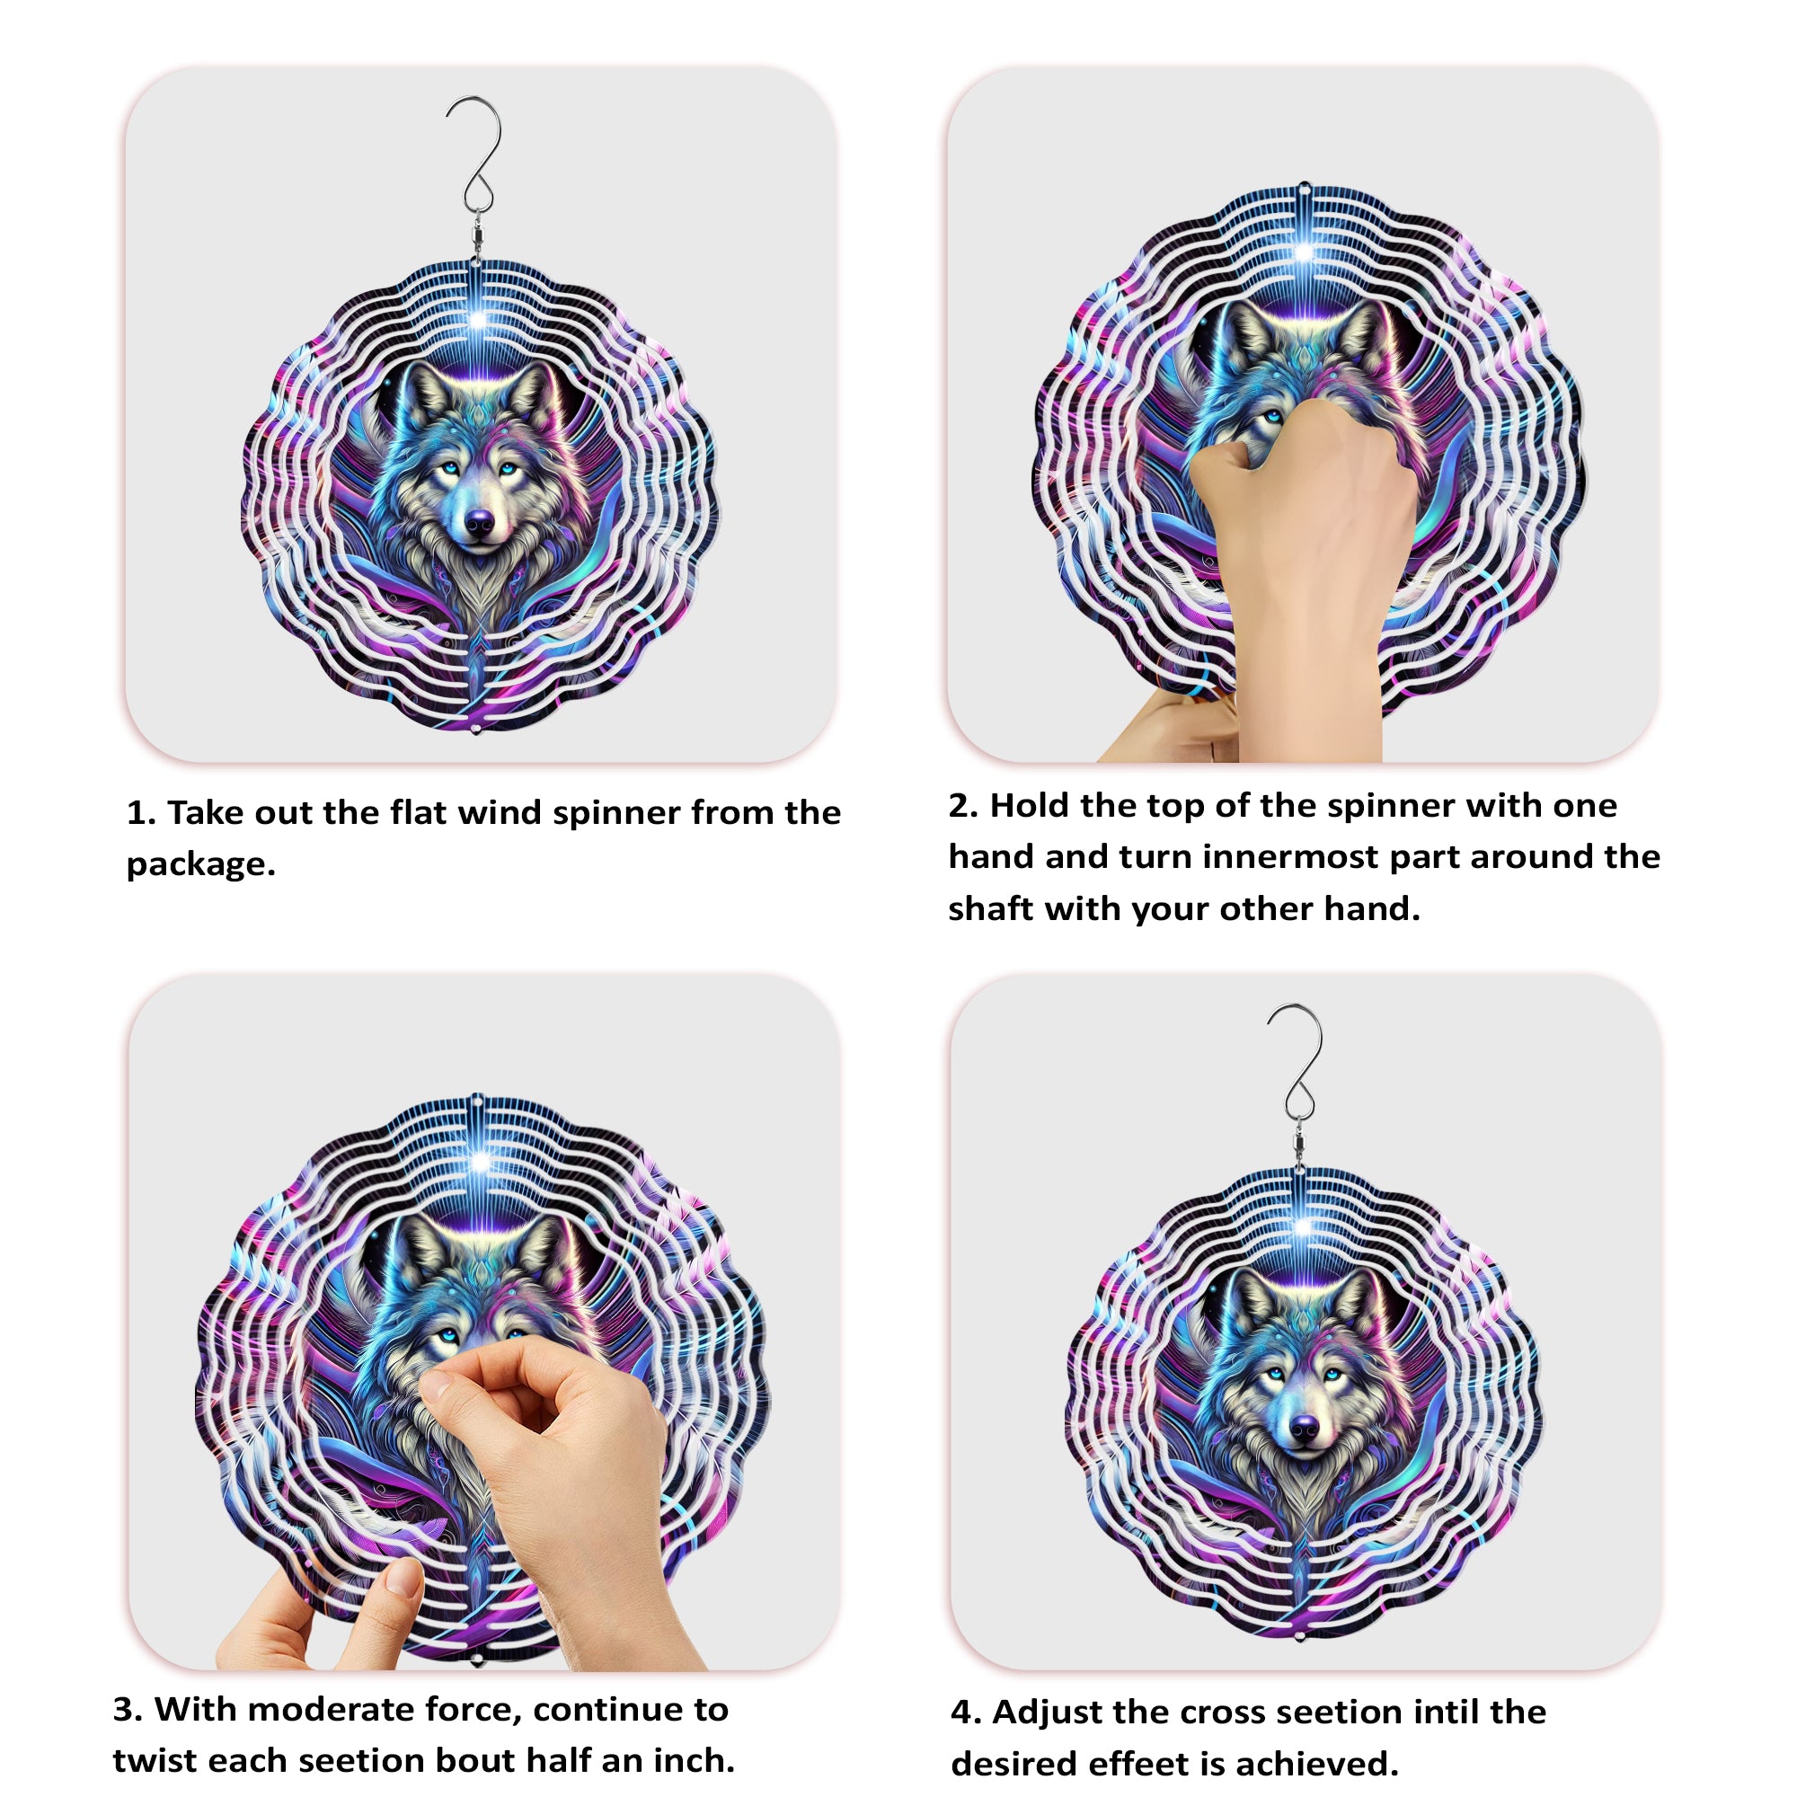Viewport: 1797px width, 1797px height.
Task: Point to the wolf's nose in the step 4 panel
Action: click(1305, 1426)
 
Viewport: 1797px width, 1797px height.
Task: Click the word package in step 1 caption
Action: click(200, 865)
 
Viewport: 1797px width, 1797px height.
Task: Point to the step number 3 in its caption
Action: click(126, 1710)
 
